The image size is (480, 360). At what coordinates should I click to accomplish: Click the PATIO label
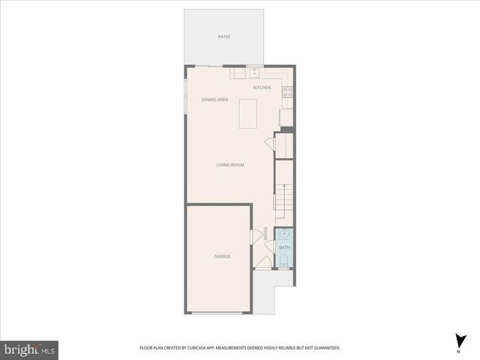(223, 36)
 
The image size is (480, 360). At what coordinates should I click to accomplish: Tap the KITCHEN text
(262, 88)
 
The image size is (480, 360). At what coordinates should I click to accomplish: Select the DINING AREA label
(214, 100)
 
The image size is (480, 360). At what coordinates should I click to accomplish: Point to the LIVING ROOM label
(230, 165)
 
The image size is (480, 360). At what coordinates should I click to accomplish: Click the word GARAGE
(222, 256)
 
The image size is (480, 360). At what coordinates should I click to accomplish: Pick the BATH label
(284, 247)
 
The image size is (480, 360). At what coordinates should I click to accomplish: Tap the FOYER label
(265, 233)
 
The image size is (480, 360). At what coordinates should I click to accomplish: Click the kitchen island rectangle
(247, 113)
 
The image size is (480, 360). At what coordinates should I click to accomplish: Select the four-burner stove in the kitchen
(287, 92)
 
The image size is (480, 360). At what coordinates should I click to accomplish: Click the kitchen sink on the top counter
(255, 73)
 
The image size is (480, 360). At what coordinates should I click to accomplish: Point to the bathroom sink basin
(284, 234)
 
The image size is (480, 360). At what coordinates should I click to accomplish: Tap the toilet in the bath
(284, 261)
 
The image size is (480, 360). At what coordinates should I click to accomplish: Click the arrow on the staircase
(284, 192)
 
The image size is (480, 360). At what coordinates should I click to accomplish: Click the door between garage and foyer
(255, 236)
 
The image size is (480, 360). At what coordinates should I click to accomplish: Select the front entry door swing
(263, 262)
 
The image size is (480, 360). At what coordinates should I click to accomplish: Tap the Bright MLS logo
(30, 349)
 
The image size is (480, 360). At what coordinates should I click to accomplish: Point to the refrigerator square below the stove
(286, 117)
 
